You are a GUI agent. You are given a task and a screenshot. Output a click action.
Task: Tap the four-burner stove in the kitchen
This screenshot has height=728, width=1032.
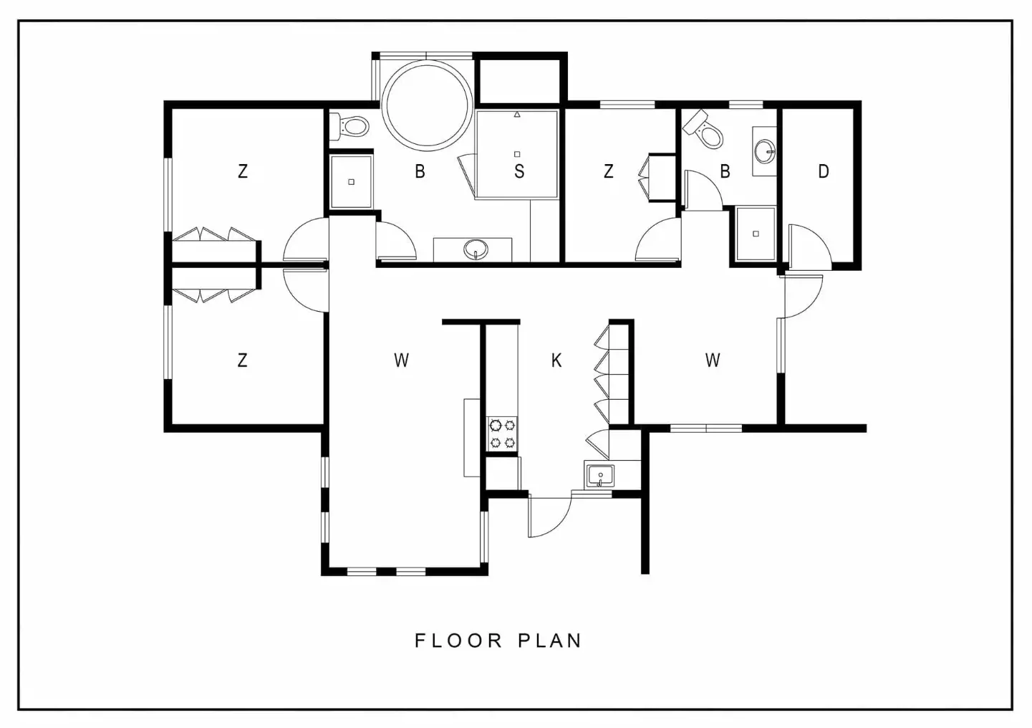[x=502, y=434]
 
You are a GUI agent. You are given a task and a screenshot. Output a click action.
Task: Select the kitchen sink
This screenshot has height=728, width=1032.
[x=600, y=475]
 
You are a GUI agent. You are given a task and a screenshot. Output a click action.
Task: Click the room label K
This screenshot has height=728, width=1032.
[x=556, y=360]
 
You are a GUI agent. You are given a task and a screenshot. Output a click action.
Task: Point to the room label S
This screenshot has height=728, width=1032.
[x=519, y=171]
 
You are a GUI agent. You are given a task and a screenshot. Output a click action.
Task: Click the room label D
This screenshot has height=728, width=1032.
[x=824, y=171]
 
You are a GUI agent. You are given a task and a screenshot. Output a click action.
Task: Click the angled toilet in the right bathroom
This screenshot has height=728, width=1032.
[x=704, y=130]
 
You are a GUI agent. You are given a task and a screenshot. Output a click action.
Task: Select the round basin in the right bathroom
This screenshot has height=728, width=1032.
[x=766, y=150]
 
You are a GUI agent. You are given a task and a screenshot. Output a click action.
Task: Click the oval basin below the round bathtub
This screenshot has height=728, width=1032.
[x=476, y=249]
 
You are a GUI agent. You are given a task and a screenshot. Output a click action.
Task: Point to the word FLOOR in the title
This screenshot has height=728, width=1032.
[x=458, y=641]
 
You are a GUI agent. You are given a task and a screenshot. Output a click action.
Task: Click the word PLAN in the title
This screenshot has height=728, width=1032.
[x=550, y=641]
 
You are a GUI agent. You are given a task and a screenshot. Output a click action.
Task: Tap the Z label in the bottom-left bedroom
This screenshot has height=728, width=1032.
[x=243, y=360]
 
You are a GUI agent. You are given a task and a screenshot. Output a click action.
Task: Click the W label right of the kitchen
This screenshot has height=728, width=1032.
[x=713, y=360]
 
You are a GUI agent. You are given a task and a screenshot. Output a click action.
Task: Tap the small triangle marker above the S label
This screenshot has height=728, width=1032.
[x=517, y=114]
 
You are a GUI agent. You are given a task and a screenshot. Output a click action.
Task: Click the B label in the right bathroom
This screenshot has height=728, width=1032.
[x=725, y=171]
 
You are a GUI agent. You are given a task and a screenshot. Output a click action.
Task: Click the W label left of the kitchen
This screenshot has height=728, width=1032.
[x=401, y=360]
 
